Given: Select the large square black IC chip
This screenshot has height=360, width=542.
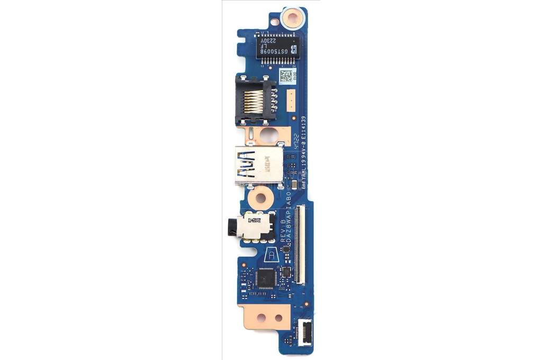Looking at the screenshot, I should coord(267,276).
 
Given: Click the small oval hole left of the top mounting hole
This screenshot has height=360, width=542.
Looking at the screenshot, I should coord(276,23).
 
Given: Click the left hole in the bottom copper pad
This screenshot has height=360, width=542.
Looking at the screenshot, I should coord(260,318).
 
